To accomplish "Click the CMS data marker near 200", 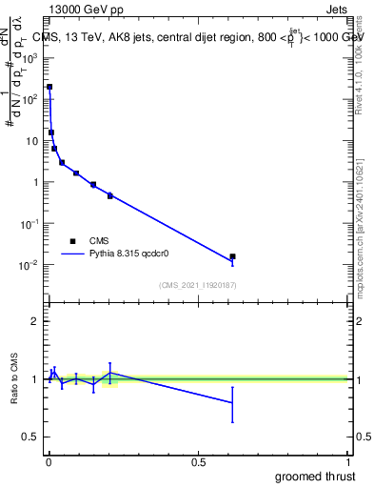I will click(x=49, y=87).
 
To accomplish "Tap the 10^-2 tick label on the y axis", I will click(x=30, y=265).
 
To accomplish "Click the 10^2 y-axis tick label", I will click(x=30, y=99).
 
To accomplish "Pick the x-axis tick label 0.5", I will click(x=198, y=462).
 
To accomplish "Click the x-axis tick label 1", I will click(x=348, y=462).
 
